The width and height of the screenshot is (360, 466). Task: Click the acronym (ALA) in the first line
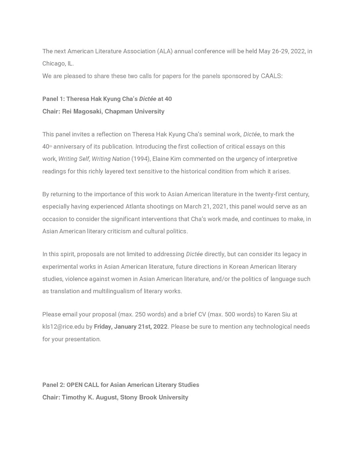click(x=165, y=51)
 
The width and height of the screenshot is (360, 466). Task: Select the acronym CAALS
click(x=271, y=76)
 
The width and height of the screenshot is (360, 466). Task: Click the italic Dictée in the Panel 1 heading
click(x=148, y=99)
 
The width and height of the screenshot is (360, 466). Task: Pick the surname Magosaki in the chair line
click(x=87, y=112)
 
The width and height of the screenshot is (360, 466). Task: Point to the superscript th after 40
click(x=51, y=147)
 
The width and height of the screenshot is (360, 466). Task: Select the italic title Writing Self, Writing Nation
click(x=94, y=159)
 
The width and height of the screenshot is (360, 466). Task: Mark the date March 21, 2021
click(x=205, y=207)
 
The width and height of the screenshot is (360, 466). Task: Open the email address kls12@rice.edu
click(x=63, y=327)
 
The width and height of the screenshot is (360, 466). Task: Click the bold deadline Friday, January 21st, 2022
click(x=131, y=327)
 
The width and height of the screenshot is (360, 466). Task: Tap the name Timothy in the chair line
click(x=74, y=397)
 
